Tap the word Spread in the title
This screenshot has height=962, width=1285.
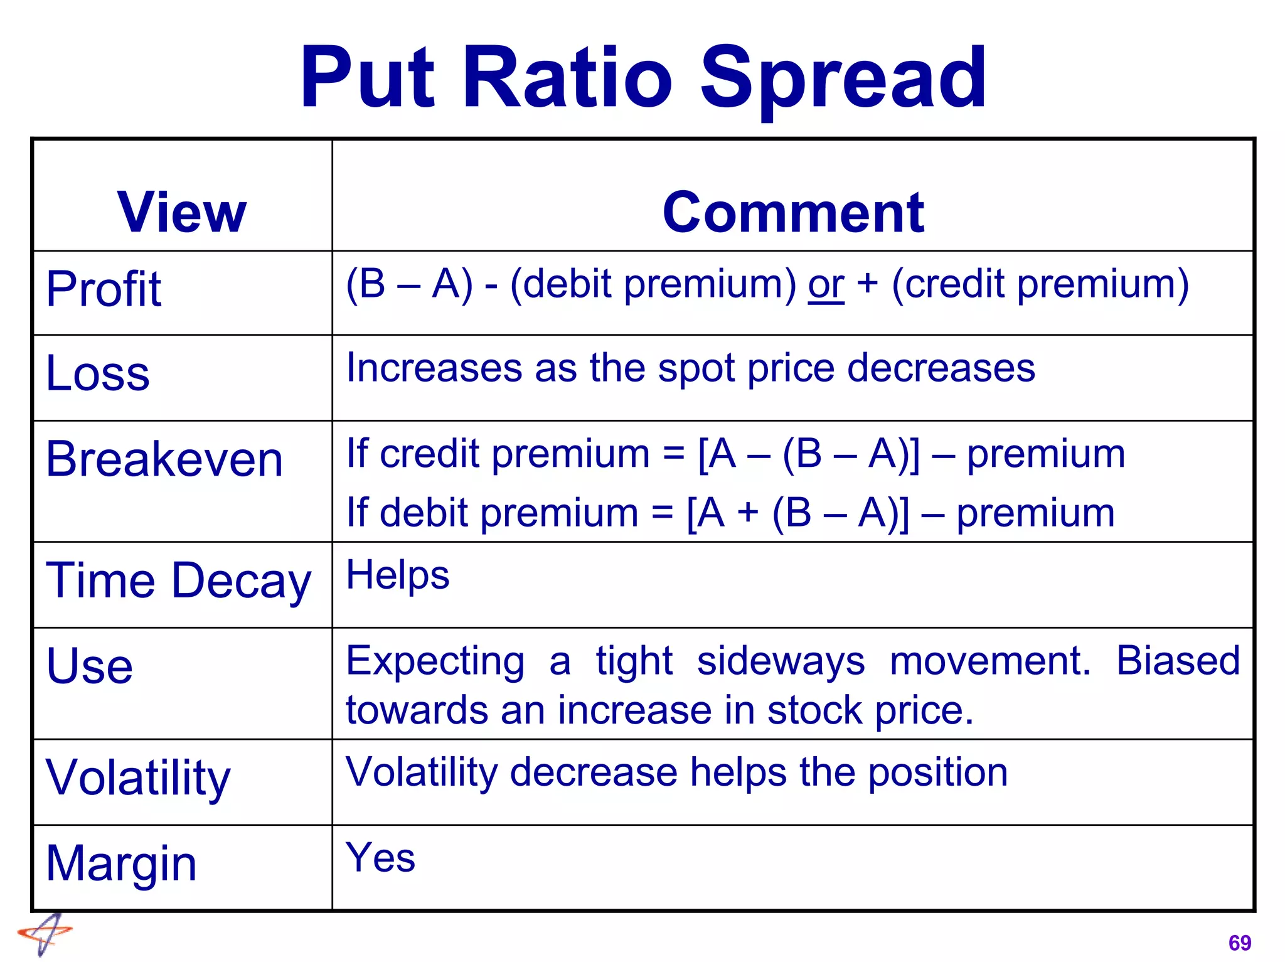tap(843, 80)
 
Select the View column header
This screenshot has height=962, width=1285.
tap(182, 212)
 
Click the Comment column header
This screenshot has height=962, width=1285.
tap(793, 212)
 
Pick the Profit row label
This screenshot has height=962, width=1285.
tap(104, 289)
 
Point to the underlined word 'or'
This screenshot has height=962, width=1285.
tap(826, 286)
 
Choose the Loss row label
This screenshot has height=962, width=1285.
tap(98, 373)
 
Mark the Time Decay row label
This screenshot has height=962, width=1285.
tap(178, 580)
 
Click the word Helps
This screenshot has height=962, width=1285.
tap(398, 575)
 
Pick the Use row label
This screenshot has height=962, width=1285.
tap(90, 666)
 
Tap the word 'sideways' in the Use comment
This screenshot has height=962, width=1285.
tap(781, 661)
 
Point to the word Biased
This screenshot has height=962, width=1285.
tap(1178, 661)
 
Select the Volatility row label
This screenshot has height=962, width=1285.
tap(138, 778)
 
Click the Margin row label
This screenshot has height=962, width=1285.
tap(122, 864)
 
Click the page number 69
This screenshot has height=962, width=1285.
tap(1239, 943)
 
